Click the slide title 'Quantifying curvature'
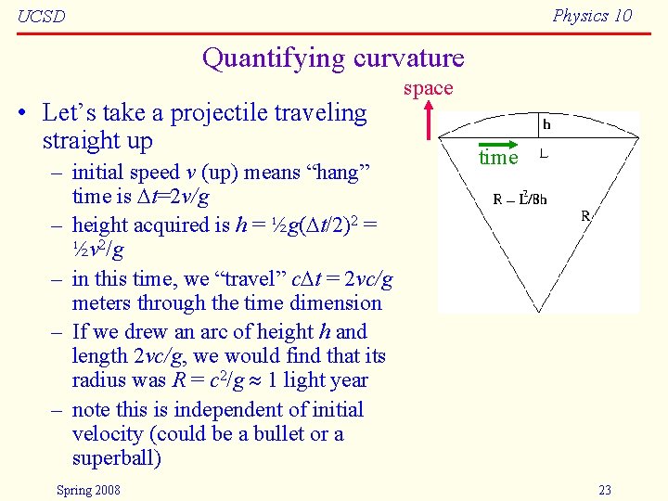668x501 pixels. point(333,58)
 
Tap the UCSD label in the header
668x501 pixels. point(42,17)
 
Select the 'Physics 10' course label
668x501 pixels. point(592,15)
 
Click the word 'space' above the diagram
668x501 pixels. point(428,88)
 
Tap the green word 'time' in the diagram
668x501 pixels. point(498,158)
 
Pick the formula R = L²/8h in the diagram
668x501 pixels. point(520,198)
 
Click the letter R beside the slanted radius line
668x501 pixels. point(585,216)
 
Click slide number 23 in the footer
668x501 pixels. point(605,490)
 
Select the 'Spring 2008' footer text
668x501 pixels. point(88,490)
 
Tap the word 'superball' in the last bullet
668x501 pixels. point(115,458)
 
